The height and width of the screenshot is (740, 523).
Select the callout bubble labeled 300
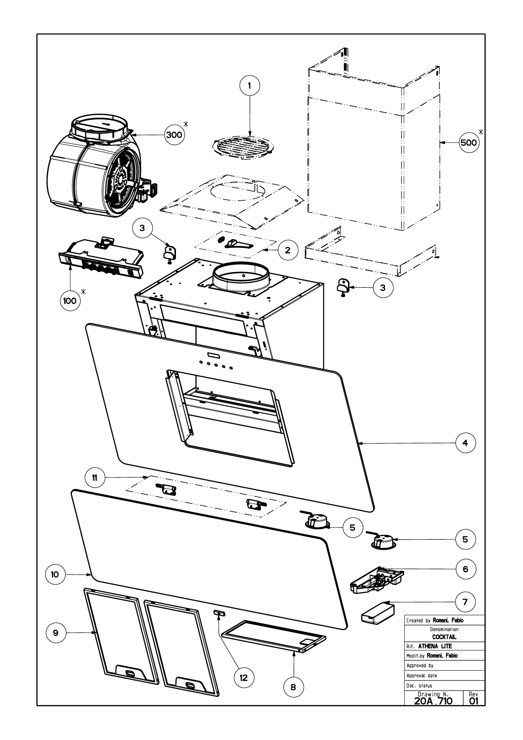(x=174, y=135)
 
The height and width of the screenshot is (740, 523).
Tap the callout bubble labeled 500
(x=468, y=142)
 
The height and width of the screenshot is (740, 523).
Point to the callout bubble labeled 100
(x=69, y=301)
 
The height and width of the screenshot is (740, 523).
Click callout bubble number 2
(x=288, y=249)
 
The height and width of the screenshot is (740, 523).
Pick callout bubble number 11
(x=95, y=477)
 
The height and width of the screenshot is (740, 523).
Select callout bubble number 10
(x=55, y=574)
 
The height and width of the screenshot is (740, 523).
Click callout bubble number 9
(x=56, y=633)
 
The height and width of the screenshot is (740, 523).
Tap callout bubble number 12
(x=244, y=677)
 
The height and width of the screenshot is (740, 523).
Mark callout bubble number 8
(x=293, y=686)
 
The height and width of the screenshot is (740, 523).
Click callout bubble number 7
(x=465, y=602)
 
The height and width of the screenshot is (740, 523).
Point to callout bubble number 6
(x=465, y=569)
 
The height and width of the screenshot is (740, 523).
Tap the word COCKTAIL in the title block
(x=444, y=636)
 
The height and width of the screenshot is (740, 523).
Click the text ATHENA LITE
(x=435, y=646)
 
